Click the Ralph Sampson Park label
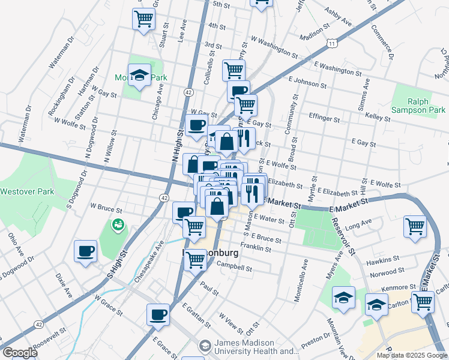coord(418,106)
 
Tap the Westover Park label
coord(27,192)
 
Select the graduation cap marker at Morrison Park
coord(139,75)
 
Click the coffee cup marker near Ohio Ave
coord(86,250)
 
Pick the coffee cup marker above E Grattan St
coord(158,314)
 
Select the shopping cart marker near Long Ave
coord(415,226)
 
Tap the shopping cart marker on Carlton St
coord(423,301)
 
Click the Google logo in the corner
coord(19,353)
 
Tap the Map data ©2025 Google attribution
coord(412,355)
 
